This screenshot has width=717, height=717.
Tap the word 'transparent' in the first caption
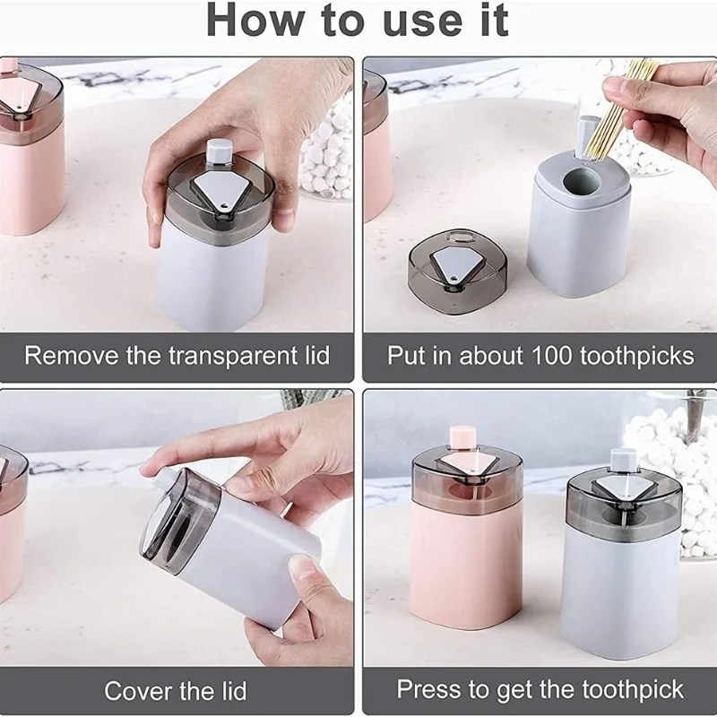pos(233,356)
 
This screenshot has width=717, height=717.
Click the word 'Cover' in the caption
pos(137,690)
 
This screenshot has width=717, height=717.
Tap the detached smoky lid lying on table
pos(457,272)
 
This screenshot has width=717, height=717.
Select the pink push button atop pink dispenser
pos(463,437)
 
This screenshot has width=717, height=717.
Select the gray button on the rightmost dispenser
pos(624,461)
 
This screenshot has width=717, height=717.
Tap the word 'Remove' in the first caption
pos(71,355)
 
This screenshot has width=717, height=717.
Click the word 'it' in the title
pos(494,20)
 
